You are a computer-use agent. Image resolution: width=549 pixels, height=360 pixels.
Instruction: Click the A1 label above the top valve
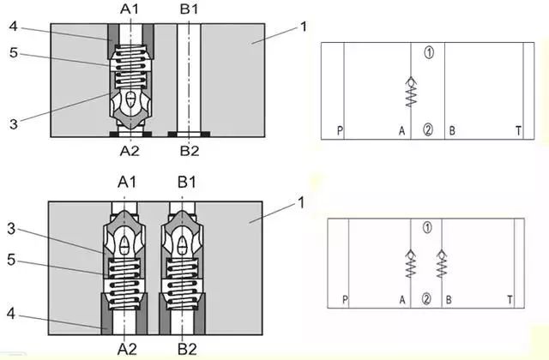[130, 9]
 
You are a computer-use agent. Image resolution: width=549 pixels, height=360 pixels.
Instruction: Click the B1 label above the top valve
[189, 9]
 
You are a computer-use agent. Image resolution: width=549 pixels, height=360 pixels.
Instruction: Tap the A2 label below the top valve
[130, 151]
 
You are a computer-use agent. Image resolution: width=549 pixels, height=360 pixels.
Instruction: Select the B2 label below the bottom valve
[187, 349]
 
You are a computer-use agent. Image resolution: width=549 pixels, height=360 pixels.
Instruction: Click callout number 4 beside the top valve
[13, 26]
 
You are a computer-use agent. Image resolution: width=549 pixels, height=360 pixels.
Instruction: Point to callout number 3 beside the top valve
[14, 123]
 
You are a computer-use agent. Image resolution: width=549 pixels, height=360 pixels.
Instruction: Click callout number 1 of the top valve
[303, 27]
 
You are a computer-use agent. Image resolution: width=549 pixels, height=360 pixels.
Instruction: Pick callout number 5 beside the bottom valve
[11, 260]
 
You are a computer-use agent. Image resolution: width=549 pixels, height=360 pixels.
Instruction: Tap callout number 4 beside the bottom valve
[11, 314]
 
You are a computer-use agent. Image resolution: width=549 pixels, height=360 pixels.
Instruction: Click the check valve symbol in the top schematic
[411, 92]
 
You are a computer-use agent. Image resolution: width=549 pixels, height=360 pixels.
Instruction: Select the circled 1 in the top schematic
[429, 52]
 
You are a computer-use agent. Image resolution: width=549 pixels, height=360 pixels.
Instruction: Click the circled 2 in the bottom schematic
[426, 299]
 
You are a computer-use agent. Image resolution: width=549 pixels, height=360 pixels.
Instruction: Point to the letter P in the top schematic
[340, 131]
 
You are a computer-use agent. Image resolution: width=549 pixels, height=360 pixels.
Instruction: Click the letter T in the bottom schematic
[510, 300]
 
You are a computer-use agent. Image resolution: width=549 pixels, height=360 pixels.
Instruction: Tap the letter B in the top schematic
[452, 131]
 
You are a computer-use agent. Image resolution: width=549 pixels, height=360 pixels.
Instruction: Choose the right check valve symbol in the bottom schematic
[442, 264]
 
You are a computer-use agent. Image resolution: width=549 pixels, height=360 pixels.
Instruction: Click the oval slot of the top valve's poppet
[130, 100]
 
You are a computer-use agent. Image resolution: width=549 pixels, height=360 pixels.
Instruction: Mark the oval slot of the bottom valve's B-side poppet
[182, 245]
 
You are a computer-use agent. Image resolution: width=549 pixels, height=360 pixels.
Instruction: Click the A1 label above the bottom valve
[127, 183]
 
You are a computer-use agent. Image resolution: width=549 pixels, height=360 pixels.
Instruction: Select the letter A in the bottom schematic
[402, 300]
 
